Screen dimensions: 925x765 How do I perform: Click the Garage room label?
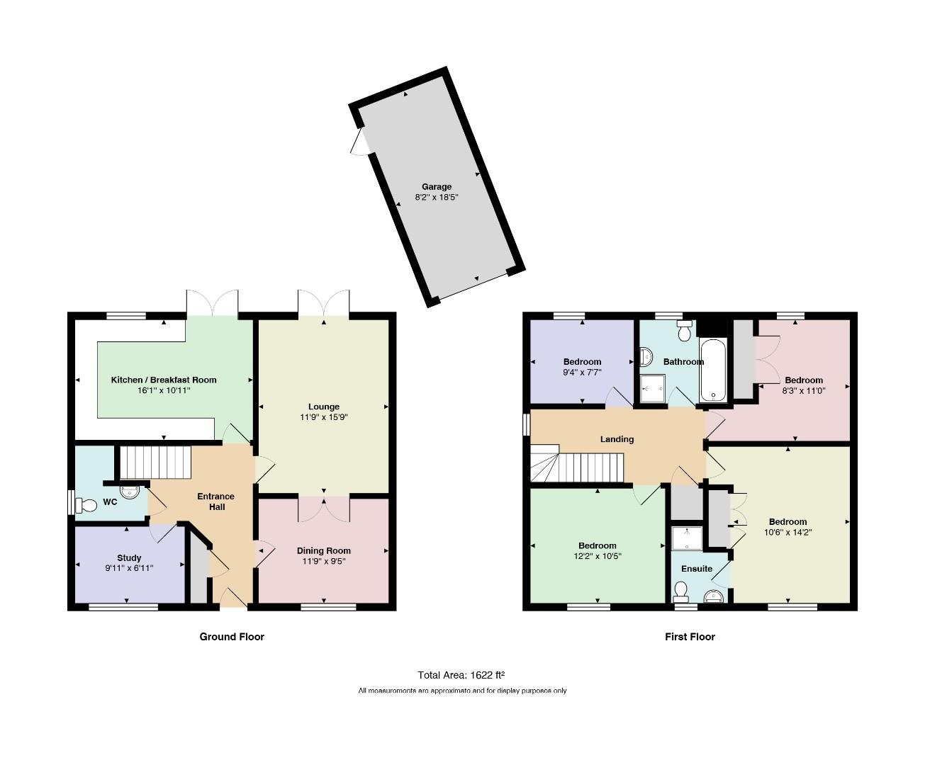(x=437, y=187)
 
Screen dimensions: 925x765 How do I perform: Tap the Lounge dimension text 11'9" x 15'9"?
(x=324, y=417)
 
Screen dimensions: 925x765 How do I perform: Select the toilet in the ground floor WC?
(x=86, y=505)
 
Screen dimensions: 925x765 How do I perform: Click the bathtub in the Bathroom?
(x=713, y=370)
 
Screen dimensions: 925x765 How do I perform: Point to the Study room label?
(x=129, y=558)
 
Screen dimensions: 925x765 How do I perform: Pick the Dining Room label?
(x=324, y=551)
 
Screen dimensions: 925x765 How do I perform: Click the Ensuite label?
(x=697, y=569)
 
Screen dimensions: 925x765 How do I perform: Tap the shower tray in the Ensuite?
(x=687, y=538)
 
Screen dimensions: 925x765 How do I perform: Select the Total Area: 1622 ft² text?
(x=461, y=675)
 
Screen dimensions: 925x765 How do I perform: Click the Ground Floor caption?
(x=232, y=637)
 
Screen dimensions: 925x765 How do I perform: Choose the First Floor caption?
(x=690, y=637)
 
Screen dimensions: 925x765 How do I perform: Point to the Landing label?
(x=617, y=439)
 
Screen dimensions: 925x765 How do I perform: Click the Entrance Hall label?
(x=216, y=501)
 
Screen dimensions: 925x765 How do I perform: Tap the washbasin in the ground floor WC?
(x=130, y=492)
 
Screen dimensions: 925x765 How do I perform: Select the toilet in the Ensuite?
(x=680, y=592)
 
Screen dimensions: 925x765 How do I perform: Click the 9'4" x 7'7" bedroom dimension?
(x=582, y=373)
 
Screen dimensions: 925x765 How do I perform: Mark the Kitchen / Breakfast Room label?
(x=164, y=380)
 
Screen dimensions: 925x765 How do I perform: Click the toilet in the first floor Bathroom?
(x=685, y=331)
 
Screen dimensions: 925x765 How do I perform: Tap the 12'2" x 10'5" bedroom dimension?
(x=598, y=556)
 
